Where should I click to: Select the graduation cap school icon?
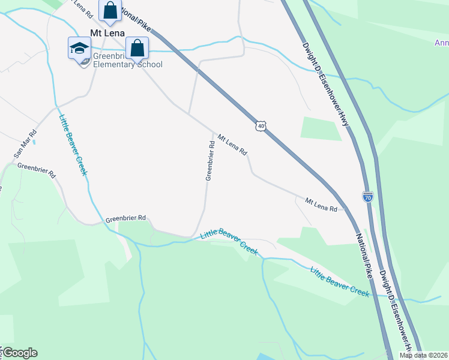click(79, 48)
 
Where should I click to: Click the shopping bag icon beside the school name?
click(137, 48)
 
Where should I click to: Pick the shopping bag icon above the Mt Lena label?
click(110, 10)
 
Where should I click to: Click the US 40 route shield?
click(259, 125)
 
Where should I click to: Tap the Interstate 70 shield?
click(368, 196)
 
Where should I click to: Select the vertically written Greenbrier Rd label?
click(210, 161)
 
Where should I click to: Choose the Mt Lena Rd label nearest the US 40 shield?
click(232, 145)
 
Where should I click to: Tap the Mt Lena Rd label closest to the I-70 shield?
click(321, 204)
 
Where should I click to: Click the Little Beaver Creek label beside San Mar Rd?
click(73, 145)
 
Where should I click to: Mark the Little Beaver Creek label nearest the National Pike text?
click(339, 281)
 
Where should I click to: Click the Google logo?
click(20, 353)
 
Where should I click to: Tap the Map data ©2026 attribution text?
click(424, 355)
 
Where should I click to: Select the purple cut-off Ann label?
click(442, 43)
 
